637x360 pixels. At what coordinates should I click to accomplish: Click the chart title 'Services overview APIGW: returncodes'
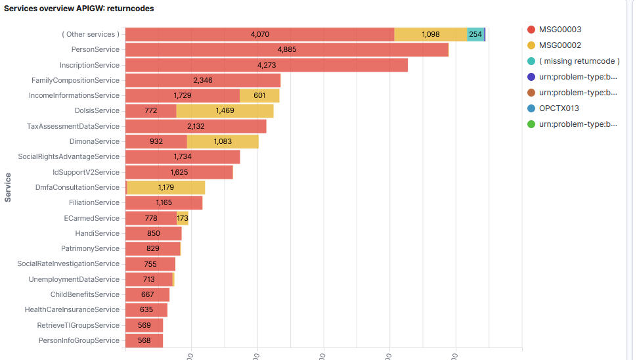click(x=79, y=9)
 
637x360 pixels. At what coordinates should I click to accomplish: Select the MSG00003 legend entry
click(x=560, y=30)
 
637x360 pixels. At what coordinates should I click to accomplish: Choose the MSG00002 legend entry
click(x=560, y=45)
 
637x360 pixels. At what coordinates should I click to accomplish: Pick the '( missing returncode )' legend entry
click(x=579, y=61)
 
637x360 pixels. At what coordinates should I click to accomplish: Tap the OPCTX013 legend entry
click(x=559, y=108)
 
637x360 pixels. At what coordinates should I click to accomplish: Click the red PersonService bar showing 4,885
click(x=286, y=50)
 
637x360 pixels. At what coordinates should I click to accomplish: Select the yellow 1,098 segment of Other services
click(x=430, y=34)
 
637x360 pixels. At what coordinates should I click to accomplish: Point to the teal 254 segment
click(x=475, y=34)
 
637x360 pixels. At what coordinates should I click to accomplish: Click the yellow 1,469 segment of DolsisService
click(x=225, y=111)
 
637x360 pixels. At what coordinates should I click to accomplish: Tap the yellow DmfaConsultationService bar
click(x=165, y=188)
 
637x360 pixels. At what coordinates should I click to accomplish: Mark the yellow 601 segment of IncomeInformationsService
click(x=259, y=96)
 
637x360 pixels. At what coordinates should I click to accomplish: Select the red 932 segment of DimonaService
click(x=156, y=142)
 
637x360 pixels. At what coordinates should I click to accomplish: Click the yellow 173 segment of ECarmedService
click(x=183, y=218)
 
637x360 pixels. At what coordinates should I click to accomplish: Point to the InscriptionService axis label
click(x=89, y=65)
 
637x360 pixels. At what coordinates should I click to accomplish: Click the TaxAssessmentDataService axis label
click(x=74, y=126)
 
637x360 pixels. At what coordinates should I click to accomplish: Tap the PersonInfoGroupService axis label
click(x=79, y=340)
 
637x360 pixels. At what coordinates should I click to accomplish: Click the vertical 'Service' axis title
click(x=9, y=187)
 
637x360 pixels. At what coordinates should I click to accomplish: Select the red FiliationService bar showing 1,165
click(x=164, y=203)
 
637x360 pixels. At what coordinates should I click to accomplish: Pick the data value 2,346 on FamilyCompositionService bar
click(x=203, y=80)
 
